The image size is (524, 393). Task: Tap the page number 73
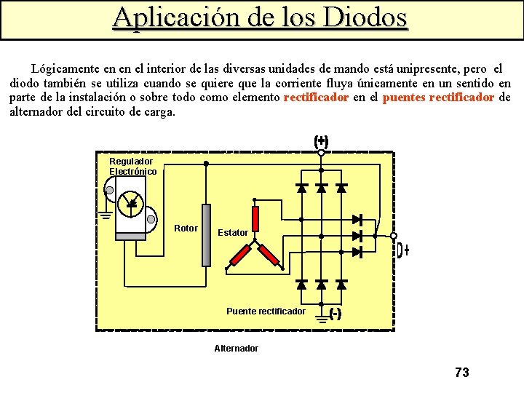point(461,373)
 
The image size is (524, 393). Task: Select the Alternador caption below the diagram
point(236,349)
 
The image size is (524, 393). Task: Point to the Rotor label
point(186,229)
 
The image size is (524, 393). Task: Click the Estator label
point(233,233)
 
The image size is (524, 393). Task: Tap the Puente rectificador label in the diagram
point(266,311)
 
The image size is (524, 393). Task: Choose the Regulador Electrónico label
point(132,166)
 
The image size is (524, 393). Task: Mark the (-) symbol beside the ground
point(336,314)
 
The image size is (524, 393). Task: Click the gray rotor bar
point(206,234)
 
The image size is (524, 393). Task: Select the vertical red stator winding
point(255,218)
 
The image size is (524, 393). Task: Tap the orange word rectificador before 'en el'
point(317,98)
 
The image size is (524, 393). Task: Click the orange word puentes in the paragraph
point(404,98)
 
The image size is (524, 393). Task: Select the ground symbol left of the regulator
point(105,214)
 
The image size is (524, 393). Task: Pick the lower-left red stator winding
point(240,255)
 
